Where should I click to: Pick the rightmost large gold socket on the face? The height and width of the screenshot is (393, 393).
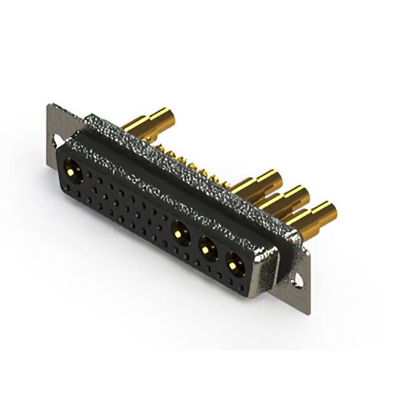(x=234, y=264)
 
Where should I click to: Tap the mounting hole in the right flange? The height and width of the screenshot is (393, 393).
(x=299, y=278)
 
